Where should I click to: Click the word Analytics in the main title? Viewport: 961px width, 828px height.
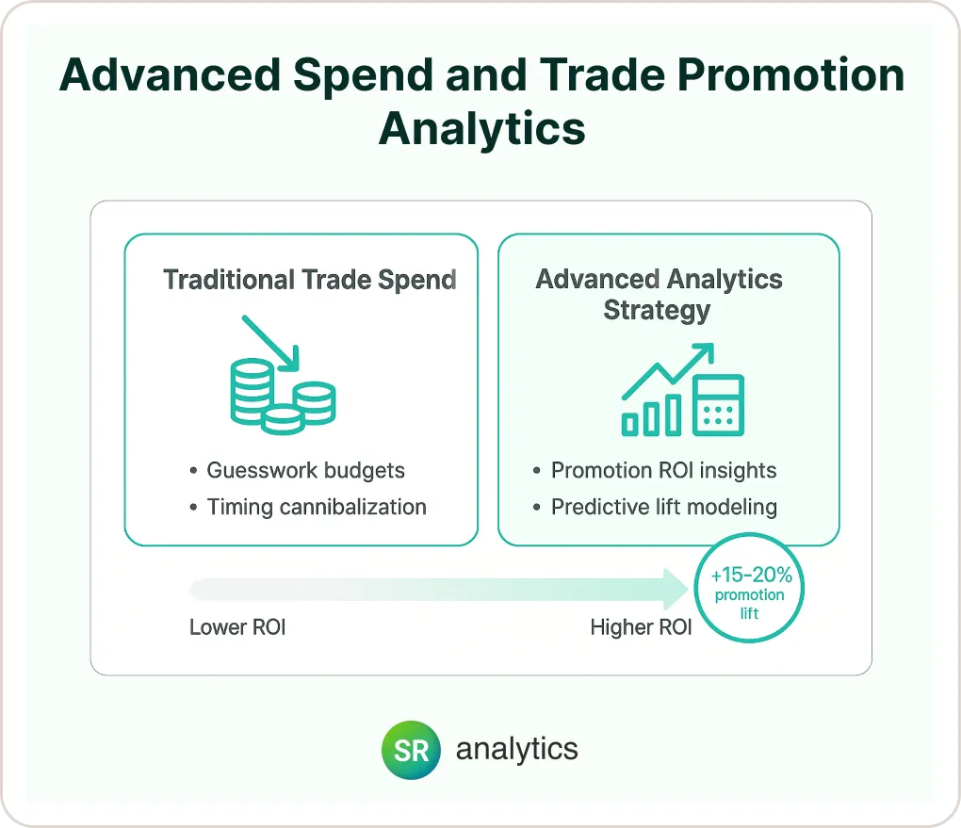481,129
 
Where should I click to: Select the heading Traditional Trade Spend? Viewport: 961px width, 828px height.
310,280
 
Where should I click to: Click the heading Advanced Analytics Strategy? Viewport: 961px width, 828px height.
659,294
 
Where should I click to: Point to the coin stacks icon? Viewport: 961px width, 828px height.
284,398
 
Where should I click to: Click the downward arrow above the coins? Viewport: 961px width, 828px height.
270,343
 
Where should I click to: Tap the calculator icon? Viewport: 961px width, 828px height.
718,405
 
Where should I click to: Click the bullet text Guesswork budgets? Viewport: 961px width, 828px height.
306,470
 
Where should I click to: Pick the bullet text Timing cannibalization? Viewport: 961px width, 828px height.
317,507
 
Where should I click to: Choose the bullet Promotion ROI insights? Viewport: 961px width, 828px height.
664,470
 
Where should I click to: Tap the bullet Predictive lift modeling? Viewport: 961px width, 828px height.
664,507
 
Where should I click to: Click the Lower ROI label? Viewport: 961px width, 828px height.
237,627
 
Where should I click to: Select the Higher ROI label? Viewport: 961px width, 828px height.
641,627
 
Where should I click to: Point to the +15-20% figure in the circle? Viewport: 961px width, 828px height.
751,575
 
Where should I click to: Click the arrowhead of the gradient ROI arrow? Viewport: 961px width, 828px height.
676,589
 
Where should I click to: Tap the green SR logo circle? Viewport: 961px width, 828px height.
411,750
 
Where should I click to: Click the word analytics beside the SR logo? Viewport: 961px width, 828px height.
516,749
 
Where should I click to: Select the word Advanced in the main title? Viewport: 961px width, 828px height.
170,74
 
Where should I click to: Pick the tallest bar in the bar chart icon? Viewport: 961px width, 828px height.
674,414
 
